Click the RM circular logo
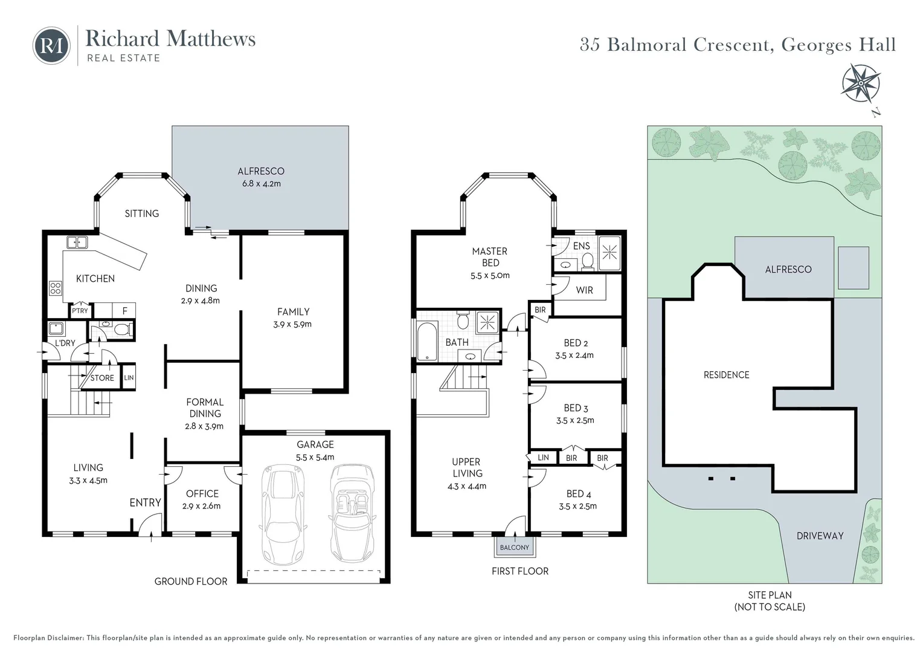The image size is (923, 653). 51,45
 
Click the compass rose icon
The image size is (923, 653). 861,84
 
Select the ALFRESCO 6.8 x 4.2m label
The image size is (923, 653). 260,177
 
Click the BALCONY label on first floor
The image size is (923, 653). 514,548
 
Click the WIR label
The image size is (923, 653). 584,290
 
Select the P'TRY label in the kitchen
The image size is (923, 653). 80,311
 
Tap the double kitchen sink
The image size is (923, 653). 77,242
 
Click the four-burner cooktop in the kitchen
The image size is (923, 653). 56,288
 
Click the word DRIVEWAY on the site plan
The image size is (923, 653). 820,536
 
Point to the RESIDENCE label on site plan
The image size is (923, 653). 726,375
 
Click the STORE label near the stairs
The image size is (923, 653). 102,378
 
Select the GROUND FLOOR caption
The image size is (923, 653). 191,582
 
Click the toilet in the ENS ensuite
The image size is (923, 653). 587,261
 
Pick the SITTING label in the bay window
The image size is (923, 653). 142,213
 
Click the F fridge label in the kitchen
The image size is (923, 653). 125,311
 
